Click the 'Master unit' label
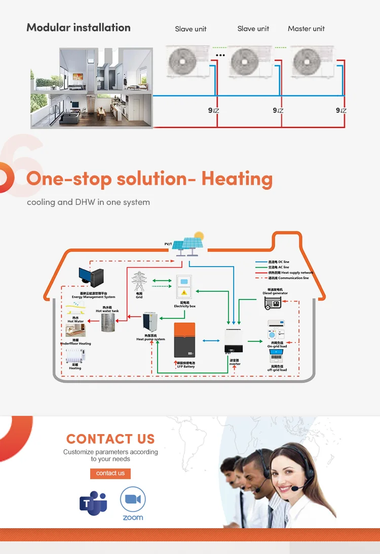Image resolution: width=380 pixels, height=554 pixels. (306, 29)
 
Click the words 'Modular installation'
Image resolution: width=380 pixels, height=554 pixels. (79, 28)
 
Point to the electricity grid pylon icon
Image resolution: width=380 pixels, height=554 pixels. (138, 281)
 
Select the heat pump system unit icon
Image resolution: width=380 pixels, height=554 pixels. (150, 324)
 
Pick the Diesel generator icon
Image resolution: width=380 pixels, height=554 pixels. (276, 303)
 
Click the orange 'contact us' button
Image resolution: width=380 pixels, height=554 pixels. (110, 474)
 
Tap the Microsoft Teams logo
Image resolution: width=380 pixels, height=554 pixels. (93, 503)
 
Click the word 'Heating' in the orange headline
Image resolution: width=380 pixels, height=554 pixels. (237, 179)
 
